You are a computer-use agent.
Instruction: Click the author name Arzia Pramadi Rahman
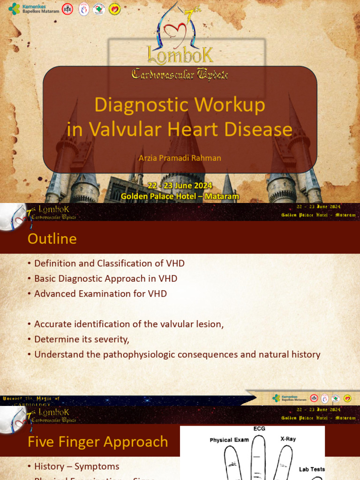click(x=180, y=157)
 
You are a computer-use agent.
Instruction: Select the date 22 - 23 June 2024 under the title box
click(x=180, y=186)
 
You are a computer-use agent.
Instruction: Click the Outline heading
click(x=52, y=239)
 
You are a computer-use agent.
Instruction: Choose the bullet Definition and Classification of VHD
click(x=109, y=263)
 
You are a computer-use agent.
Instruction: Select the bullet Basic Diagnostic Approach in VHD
click(x=105, y=278)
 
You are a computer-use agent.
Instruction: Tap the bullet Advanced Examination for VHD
click(x=100, y=293)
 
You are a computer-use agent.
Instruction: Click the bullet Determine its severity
click(x=82, y=339)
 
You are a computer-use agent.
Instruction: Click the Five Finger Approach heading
click(x=97, y=442)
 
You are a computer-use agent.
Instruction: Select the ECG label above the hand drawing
click(x=259, y=428)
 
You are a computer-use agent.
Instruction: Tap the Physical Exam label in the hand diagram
click(x=229, y=440)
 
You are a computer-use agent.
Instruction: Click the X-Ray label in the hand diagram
click(x=288, y=439)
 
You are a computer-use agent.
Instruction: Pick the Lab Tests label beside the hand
click(x=312, y=469)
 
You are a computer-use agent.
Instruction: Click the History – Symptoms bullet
click(x=76, y=466)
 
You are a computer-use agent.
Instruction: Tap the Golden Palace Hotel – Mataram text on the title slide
click(x=180, y=196)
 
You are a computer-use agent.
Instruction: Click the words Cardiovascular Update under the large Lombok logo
click(x=180, y=74)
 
